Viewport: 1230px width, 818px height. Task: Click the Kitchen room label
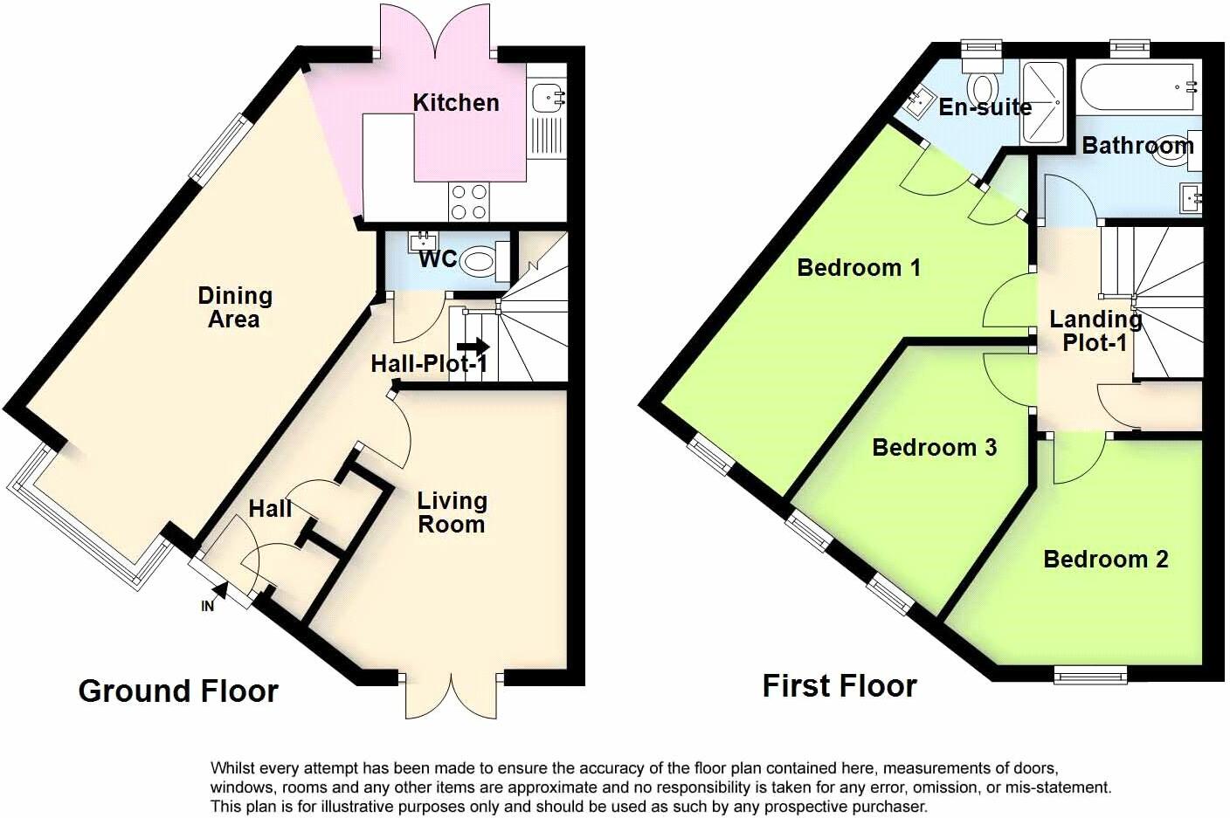[x=455, y=103]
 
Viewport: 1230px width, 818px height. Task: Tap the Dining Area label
[x=234, y=308]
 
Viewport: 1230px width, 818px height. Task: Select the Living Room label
[x=451, y=512]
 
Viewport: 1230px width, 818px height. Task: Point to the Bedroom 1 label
[x=859, y=267]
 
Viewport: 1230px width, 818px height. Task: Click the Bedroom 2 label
[x=1105, y=559]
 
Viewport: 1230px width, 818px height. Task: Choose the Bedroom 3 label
[x=934, y=448]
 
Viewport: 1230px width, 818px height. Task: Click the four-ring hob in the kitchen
[x=469, y=202]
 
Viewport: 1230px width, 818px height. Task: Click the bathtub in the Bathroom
[x=1137, y=87]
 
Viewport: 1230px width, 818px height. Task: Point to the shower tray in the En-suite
[x=1043, y=102]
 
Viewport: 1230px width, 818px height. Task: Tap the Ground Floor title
[x=178, y=691]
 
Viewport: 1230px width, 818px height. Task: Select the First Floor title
[x=839, y=686]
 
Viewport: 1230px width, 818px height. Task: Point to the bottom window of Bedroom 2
[x=1089, y=673]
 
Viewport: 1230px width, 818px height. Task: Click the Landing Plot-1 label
[x=1095, y=332]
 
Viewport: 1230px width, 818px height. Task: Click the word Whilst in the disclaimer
[x=234, y=768]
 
